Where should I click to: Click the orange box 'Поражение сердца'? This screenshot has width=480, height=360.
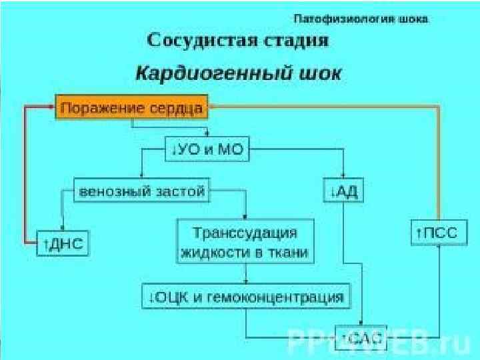point(132,107)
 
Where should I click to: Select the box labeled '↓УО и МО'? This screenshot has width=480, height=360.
point(207,150)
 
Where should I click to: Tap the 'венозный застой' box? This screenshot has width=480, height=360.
point(141,191)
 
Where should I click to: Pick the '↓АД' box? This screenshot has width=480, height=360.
point(343,192)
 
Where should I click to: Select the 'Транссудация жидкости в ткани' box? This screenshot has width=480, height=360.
point(245,243)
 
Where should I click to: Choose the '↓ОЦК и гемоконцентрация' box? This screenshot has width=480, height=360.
point(246,297)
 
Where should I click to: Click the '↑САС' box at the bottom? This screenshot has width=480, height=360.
point(361,339)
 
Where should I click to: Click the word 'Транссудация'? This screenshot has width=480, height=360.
point(245,233)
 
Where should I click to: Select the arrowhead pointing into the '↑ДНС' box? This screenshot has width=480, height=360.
point(63,228)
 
